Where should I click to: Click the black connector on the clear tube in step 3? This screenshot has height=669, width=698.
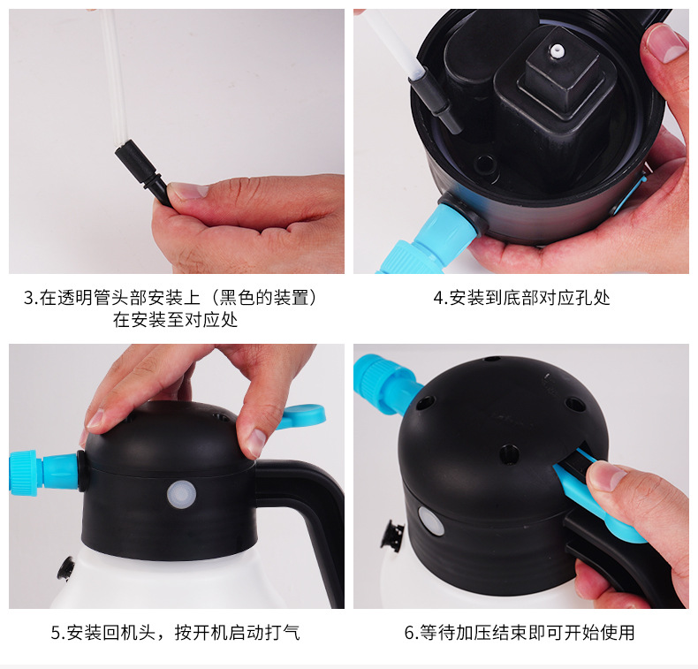click(x=142, y=172)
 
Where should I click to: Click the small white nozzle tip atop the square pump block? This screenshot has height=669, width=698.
click(x=555, y=51)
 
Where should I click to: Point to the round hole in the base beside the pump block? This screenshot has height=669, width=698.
click(x=485, y=164)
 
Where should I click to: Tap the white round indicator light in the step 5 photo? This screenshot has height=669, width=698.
click(x=182, y=495)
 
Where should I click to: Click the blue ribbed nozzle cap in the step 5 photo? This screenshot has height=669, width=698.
click(x=23, y=472)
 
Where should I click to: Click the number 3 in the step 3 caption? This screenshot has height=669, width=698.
click(x=28, y=298)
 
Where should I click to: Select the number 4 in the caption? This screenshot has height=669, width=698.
click(x=438, y=298)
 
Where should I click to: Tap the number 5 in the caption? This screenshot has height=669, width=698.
click(x=56, y=633)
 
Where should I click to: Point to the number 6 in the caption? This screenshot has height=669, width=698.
click(x=409, y=633)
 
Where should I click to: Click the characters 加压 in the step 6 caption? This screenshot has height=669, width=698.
click(x=474, y=633)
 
